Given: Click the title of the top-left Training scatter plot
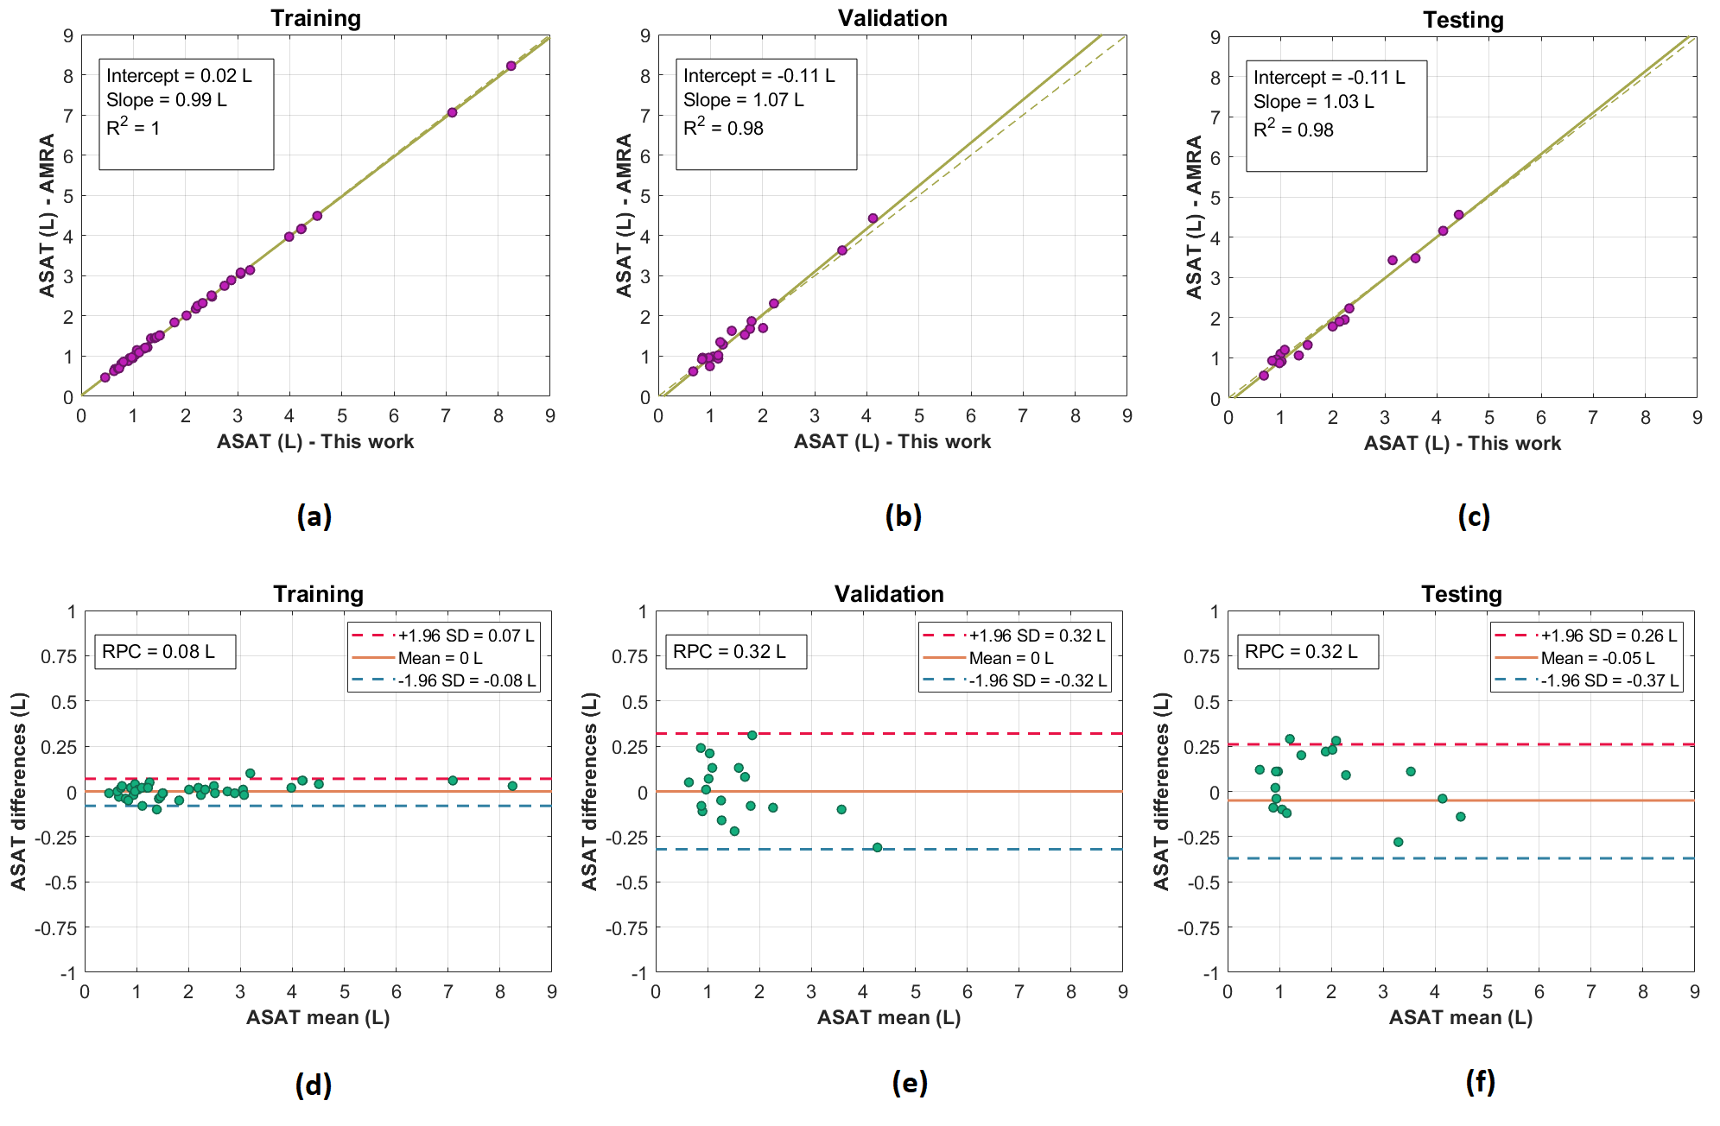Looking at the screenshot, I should (315, 18).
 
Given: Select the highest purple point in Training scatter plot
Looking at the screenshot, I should (511, 66).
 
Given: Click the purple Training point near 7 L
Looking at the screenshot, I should (452, 112).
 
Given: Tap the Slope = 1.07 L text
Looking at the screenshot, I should (743, 100).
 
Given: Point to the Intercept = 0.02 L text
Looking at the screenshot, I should (179, 76).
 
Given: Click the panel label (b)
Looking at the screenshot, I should (903, 516).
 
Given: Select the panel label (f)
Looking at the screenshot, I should (1480, 1082).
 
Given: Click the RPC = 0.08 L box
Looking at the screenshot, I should (164, 652).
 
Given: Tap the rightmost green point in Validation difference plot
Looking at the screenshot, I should (877, 847).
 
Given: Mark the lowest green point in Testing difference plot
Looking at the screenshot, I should (1398, 842).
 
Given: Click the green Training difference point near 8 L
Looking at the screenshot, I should (512, 786).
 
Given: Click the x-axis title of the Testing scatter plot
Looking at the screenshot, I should (1462, 443).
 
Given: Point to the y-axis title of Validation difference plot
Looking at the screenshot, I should (589, 791).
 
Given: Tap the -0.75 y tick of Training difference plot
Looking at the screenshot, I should (55, 928).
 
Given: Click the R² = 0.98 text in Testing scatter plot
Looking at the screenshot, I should (1293, 130).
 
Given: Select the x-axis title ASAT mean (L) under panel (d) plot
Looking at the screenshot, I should (318, 1017).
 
